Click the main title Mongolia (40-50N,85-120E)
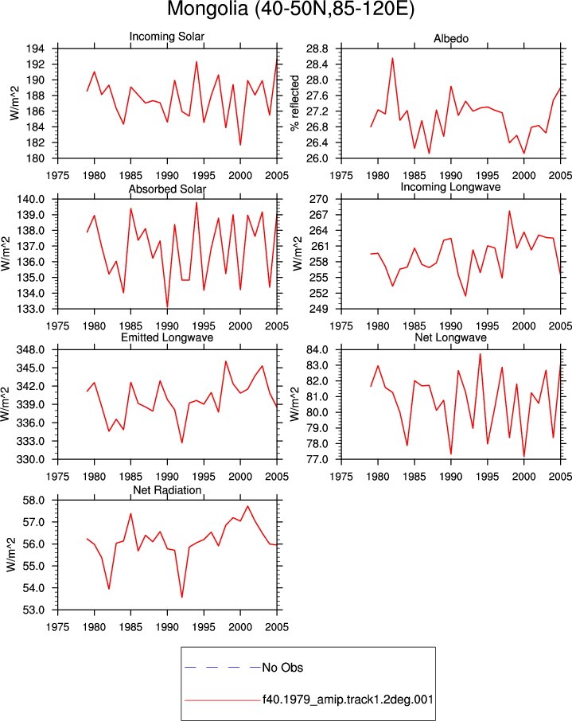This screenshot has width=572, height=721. tap(290, 10)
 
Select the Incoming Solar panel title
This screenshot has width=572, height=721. tap(167, 37)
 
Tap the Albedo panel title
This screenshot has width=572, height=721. tap(450, 39)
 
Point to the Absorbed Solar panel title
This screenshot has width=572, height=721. tap(167, 189)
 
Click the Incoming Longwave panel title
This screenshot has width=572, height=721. tap(450, 187)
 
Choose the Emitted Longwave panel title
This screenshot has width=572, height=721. tap(167, 337)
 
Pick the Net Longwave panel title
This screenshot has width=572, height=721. tap(450, 337)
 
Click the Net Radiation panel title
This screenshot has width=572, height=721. tap(167, 490)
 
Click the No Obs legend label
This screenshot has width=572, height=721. tap(282, 668)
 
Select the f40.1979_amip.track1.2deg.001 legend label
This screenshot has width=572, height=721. tap(348, 700)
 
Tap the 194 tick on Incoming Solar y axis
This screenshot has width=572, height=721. tap(36, 49)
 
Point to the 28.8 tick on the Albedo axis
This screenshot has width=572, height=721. tap(317, 49)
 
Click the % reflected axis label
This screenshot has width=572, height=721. tap(294, 103)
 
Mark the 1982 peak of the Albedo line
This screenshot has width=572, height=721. tap(393, 58)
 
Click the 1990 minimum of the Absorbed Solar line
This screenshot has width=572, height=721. tap(167, 307)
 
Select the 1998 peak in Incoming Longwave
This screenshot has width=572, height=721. tap(509, 211)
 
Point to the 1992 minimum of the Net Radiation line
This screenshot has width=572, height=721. tap(182, 598)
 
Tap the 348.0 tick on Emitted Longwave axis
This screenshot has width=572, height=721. tap(31, 350)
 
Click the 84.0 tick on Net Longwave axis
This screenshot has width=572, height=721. tap(317, 350)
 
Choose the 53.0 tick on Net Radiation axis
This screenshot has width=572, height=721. tap(34, 610)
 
